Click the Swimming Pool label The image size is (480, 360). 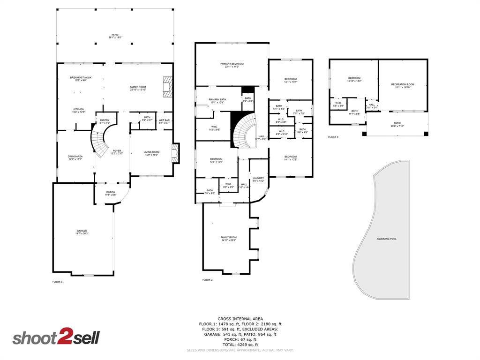coord(387,239)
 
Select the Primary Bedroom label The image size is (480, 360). coord(232,64)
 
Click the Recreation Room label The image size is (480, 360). coord(403,84)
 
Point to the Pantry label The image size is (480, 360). coord(105,120)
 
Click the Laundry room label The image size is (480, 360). coord(258,178)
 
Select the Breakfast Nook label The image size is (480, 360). coord(81,78)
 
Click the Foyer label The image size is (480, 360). coord(117,151)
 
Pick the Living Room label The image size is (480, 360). coord(151,152)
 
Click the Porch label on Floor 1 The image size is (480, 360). coord(111,192)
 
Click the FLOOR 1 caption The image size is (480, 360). coord(57,282)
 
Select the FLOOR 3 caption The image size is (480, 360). coord(333,137)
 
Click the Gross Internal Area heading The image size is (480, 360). coord(240,319)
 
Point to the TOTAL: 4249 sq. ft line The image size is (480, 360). coord(240,345)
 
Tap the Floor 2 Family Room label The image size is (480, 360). coord(229,238)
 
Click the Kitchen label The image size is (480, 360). coord(78,110)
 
